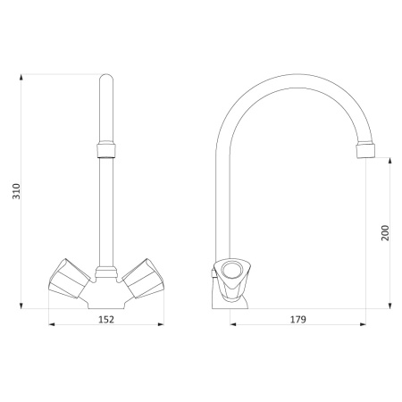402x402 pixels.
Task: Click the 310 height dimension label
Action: [16, 191]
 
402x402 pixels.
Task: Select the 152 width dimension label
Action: [106, 319]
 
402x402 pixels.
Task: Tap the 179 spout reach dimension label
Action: [298, 319]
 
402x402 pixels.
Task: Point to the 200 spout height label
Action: [385, 233]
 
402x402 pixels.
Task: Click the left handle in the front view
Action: [70, 279]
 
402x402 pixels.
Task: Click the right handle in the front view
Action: [143, 279]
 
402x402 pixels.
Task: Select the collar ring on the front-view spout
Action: [106, 150]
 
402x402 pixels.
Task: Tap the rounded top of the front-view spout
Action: [106, 78]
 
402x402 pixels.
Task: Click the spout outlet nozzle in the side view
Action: [365, 151]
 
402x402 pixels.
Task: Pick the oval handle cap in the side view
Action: [233, 269]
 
